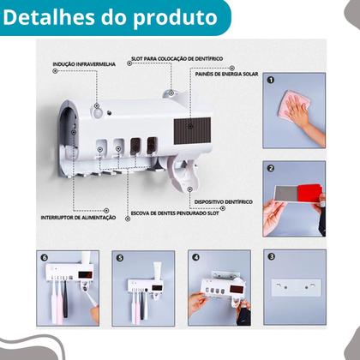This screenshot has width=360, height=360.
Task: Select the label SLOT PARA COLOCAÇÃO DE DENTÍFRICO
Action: pos(177,58)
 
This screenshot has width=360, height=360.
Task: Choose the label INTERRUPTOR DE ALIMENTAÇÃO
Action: pos(55,217)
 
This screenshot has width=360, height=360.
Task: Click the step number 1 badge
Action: pos(271,81)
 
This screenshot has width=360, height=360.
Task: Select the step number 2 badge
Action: pos(271,170)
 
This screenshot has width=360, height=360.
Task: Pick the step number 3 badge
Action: pos(271,257)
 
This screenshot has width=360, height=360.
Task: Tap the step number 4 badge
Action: pos(195,257)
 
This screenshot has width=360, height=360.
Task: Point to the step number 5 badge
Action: pos(121,257)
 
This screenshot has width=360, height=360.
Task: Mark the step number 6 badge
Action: pos(46,257)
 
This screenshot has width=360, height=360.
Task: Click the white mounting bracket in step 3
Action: pos(294,284)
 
